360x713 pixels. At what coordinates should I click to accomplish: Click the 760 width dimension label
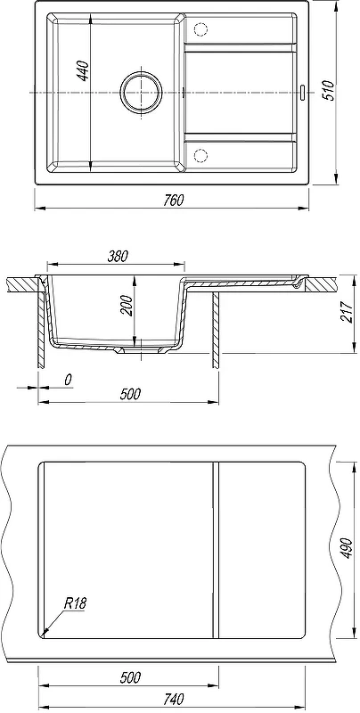pos(172,200)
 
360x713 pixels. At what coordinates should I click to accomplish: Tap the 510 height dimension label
pos(330,90)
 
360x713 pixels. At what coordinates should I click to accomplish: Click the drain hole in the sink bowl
pos(142,92)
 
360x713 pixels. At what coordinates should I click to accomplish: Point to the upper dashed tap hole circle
pos(200,29)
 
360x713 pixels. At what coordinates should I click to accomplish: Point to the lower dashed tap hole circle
pos(200,155)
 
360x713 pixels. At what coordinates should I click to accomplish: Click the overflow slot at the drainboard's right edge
pos(303,91)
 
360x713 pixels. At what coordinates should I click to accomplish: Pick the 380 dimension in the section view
pos(118,256)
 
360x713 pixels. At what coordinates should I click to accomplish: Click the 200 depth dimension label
pos(127,306)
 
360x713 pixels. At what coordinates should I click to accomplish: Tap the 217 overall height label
pos(347,312)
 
